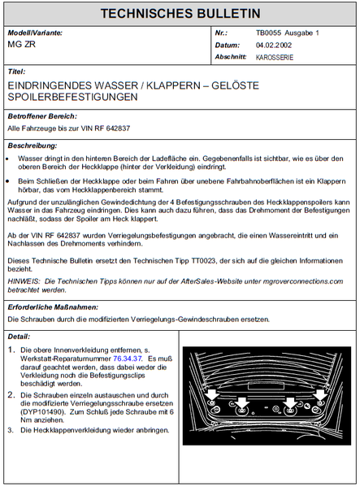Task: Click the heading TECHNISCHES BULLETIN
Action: [x=180, y=14]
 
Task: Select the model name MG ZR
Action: [x=21, y=45]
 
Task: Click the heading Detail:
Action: [x=19, y=336]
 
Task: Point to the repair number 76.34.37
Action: [x=128, y=358]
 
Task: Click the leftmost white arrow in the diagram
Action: [x=213, y=395]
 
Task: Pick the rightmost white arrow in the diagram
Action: [x=320, y=395]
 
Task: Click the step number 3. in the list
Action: [x=11, y=430]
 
